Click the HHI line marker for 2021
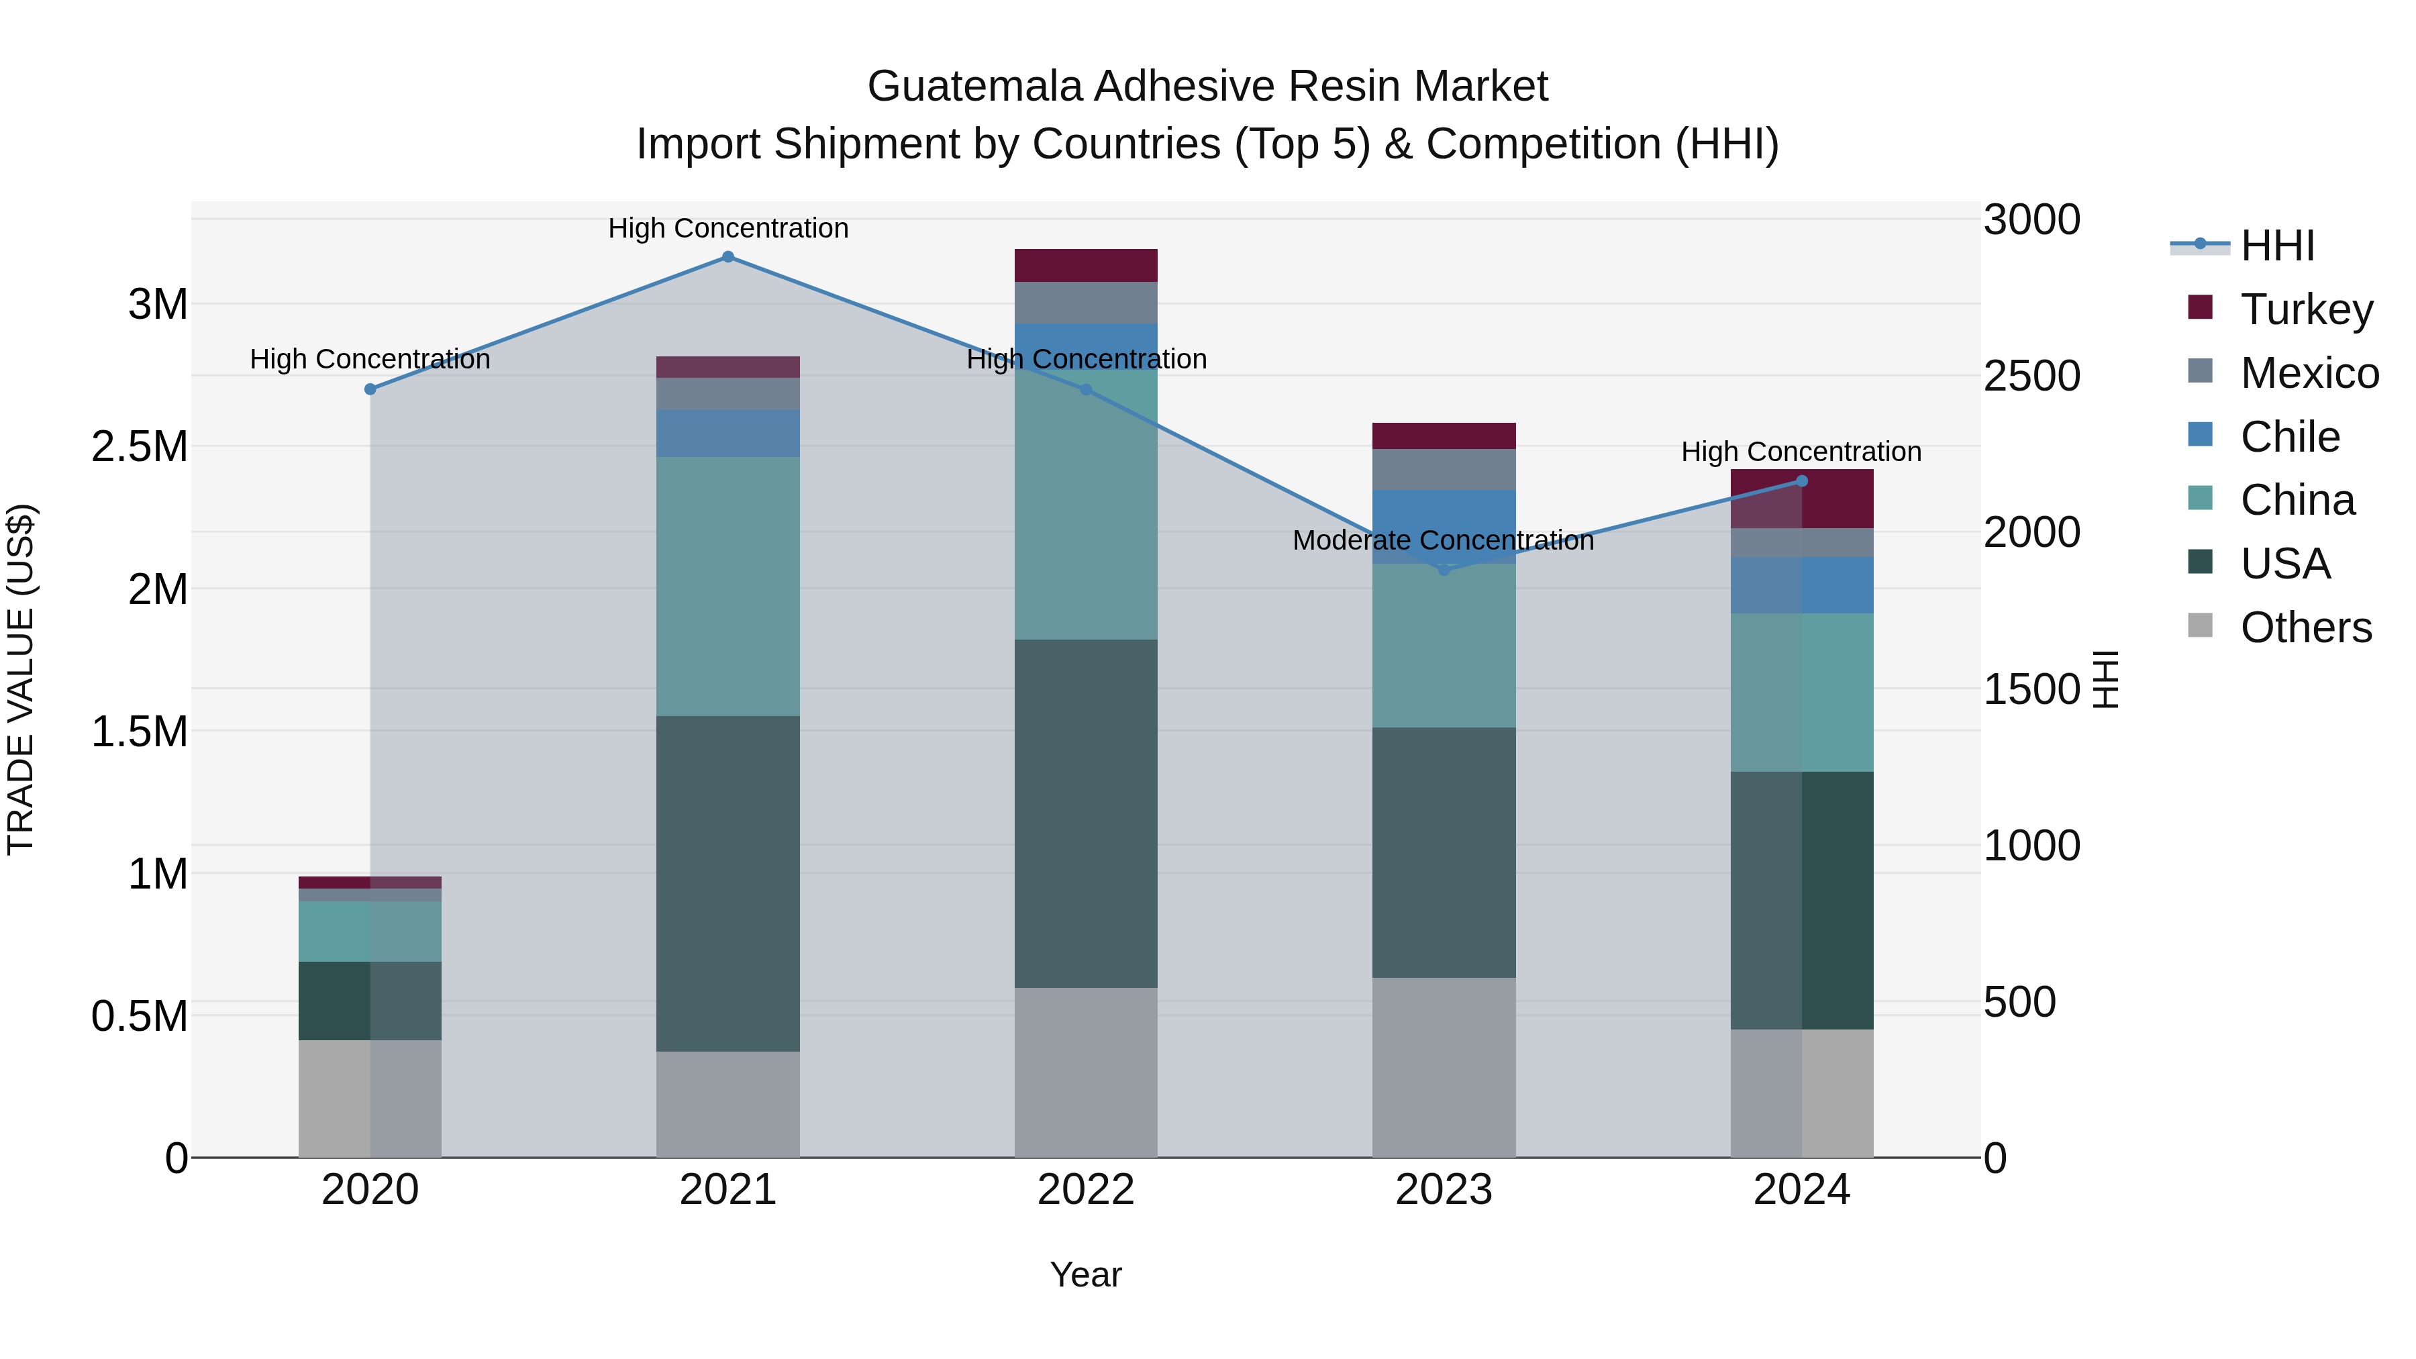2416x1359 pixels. (x=727, y=257)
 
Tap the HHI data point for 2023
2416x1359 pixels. (x=1444, y=569)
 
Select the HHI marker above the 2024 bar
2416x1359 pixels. (x=1802, y=481)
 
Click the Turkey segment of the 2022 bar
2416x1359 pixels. (x=1086, y=265)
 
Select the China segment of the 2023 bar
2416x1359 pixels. (x=1444, y=645)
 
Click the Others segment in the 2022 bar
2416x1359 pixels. (x=1086, y=1072)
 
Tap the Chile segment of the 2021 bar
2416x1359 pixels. (x=727, y=432)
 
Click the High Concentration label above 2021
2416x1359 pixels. (x=727, y=229)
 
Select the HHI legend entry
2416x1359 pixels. (x=2277, y=246)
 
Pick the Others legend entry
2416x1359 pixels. (x=2305, y=627)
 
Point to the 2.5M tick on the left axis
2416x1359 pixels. (x=140, y=446)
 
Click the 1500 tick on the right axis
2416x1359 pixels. (x=2031, y=689)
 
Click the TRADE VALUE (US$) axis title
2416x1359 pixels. (x=21, y=679)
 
